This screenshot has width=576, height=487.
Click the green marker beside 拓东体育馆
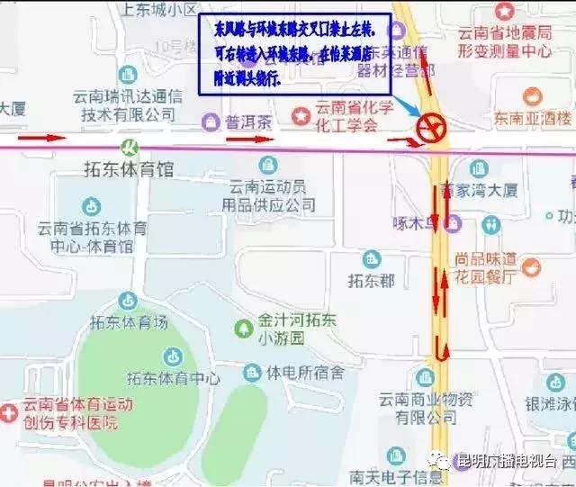tap(130, 145)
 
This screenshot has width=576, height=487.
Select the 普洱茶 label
tap(248, 122)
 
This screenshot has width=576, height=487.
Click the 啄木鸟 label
tap(418, 222)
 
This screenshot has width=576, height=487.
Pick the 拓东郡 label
tap(371, 281)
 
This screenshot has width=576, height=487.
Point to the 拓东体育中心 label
tap(174, 378)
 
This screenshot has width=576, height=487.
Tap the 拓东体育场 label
tap(130, 321)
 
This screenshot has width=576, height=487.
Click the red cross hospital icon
tap(9, 412)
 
